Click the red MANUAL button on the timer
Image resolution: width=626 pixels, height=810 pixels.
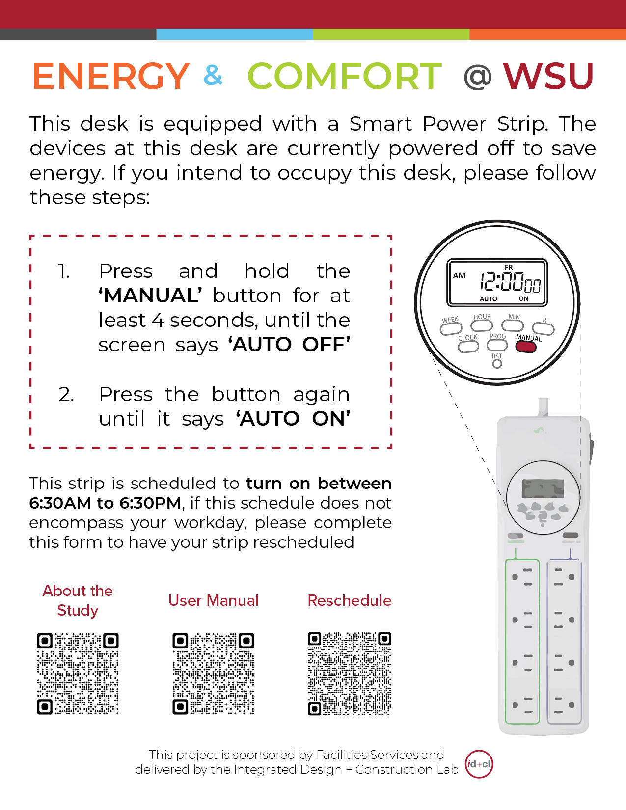525,347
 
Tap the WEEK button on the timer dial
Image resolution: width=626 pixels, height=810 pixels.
451,328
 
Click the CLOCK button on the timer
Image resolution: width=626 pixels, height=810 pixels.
468,347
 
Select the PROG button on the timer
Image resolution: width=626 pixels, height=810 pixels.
497,345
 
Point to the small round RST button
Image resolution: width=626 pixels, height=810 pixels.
497,364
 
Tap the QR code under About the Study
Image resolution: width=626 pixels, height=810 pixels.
78,674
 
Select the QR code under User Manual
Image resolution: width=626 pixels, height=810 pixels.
214,674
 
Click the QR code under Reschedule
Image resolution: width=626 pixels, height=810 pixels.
349,674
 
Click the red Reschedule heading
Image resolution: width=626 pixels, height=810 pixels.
349,600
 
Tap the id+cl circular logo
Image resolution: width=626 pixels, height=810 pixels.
479,764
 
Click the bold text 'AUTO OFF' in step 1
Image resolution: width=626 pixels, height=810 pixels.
289,345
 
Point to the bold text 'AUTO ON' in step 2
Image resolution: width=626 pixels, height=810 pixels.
293,419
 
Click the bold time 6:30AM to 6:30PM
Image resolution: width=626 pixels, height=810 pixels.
105,503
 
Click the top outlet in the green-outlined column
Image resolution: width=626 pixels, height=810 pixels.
522,577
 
